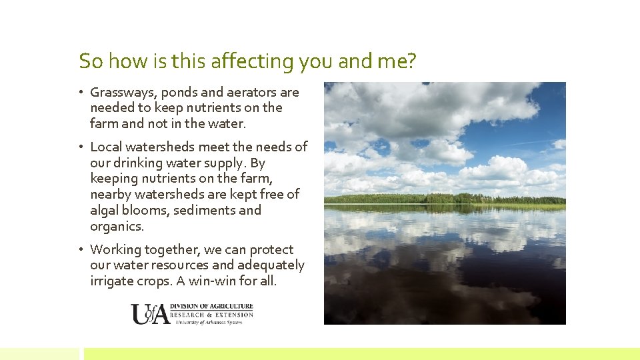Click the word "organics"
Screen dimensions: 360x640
click(x=116, y=226)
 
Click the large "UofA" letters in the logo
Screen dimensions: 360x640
click(x=150, y=314)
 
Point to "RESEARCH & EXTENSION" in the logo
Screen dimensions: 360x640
click(x=212, y=315)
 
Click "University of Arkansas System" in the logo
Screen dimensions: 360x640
click(x=209, y=322)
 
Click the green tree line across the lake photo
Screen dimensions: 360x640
click(x=445, y=198)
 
